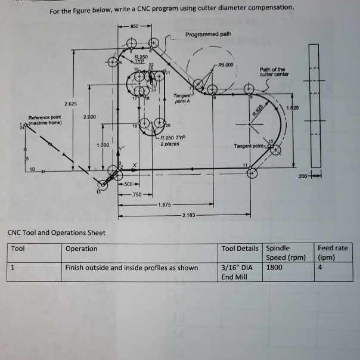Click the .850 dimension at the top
(x=135, y=27)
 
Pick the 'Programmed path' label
(x=208, y=34)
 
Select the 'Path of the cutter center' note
(x=274, y=72)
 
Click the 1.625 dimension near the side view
(x=293, y=107)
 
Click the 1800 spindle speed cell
(x=275, y=268)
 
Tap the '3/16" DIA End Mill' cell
(x=237, y=272)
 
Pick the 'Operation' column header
(x=82, y=249)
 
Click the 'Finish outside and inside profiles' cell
(x=132, y=268)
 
